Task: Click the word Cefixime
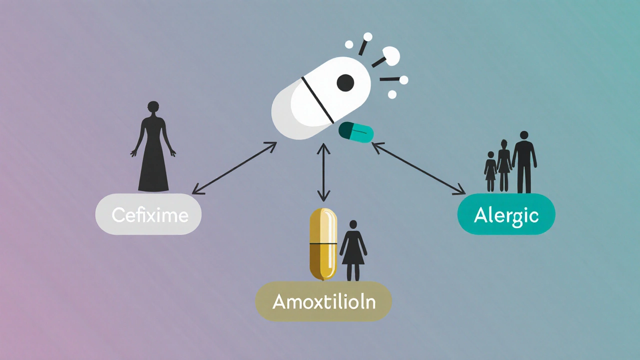coord(150,215)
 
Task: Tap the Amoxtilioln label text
coord(323,301)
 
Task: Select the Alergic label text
coord(506,215)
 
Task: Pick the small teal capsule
coord(356,131)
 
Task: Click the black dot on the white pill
coord(345,82)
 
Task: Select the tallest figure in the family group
coord(524,162)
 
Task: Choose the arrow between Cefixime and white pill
coord(234,168)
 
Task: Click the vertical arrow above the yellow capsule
coord(324,172)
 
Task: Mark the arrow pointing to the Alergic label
coord(419,168)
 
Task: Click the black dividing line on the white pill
coord(317,100)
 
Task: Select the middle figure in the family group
coord(504,166)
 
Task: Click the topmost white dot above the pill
coord(367,36)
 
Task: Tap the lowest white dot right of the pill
coord(392,94)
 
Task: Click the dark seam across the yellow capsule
coord(323,243)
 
